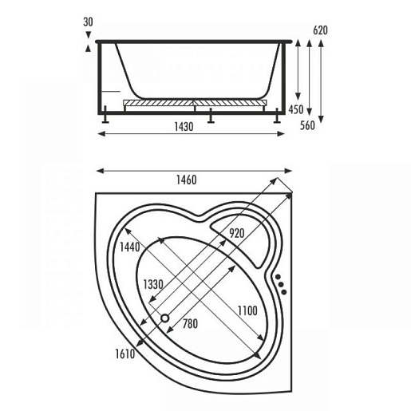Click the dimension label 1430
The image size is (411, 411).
(184, 127)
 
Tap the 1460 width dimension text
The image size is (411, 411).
(187, 180)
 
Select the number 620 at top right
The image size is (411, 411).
(320, 30)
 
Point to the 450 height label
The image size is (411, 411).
(296, 109)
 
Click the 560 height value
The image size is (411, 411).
(307, 125)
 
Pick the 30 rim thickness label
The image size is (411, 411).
(88, 22)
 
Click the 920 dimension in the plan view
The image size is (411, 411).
(237, 233)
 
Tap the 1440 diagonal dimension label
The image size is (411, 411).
(129, 247)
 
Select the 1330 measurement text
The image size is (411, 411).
(153, 285)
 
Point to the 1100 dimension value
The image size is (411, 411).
(247, 310)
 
